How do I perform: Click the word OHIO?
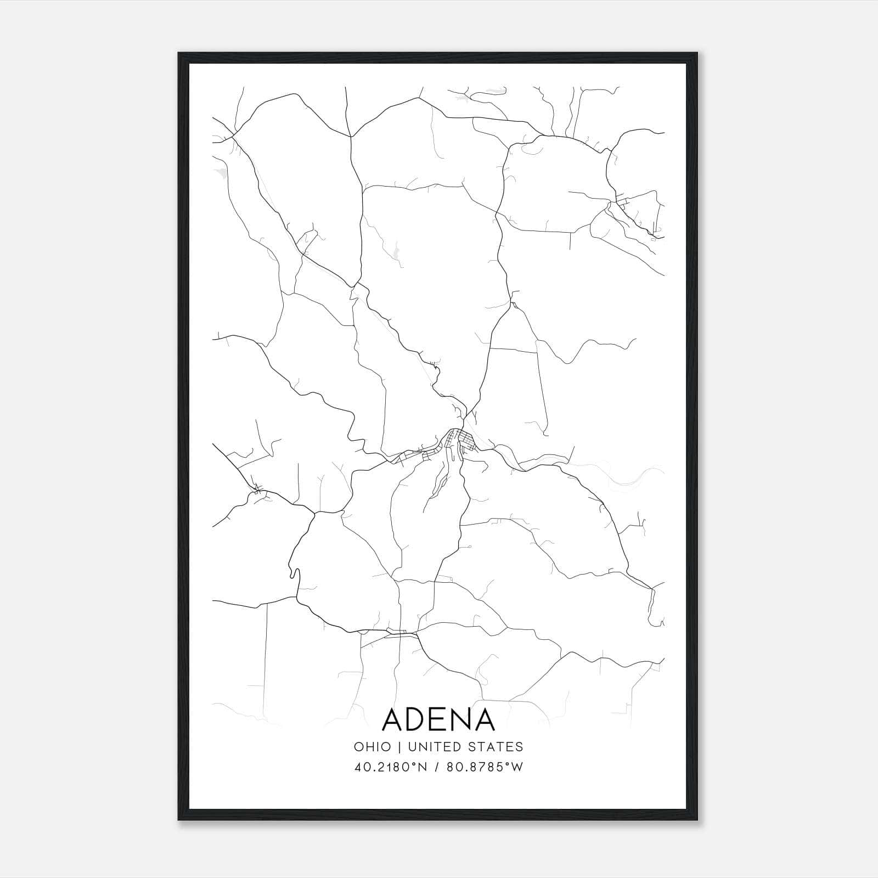pos(373,747)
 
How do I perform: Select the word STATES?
pos(499,747)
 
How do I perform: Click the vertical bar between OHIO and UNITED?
pos(399,747)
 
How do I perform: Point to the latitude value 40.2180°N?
pos(391,767)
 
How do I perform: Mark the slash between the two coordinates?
pos(437,767)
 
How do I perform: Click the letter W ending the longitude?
pos(517,767)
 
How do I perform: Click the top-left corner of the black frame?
pos(179,53)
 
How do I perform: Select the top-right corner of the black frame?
pos(697,53)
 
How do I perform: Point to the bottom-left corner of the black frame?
pos(179,820)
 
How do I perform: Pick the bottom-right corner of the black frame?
pos(697,820)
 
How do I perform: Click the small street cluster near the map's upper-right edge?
pos(623,206)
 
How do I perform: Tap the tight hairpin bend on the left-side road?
pos(294,573)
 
